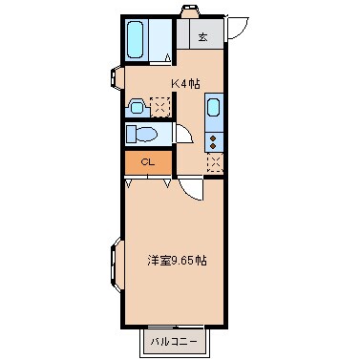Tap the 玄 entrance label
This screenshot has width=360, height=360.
(x=203, y=37)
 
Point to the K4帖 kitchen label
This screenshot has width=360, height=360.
(x=184, y=83)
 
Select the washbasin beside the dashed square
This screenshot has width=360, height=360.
(x=136, y=105)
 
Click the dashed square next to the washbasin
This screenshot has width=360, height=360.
(x=159, y=105)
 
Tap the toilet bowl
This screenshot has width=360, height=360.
(x=145, y=134)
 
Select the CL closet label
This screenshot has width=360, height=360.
(x=148, y=162)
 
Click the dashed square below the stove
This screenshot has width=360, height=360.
(x=214, y=162)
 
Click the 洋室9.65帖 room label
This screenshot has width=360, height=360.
(x=176, y=259)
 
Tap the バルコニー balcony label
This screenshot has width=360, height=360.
(x=174, y=340)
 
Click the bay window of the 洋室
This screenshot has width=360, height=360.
(x=116, y=264)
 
